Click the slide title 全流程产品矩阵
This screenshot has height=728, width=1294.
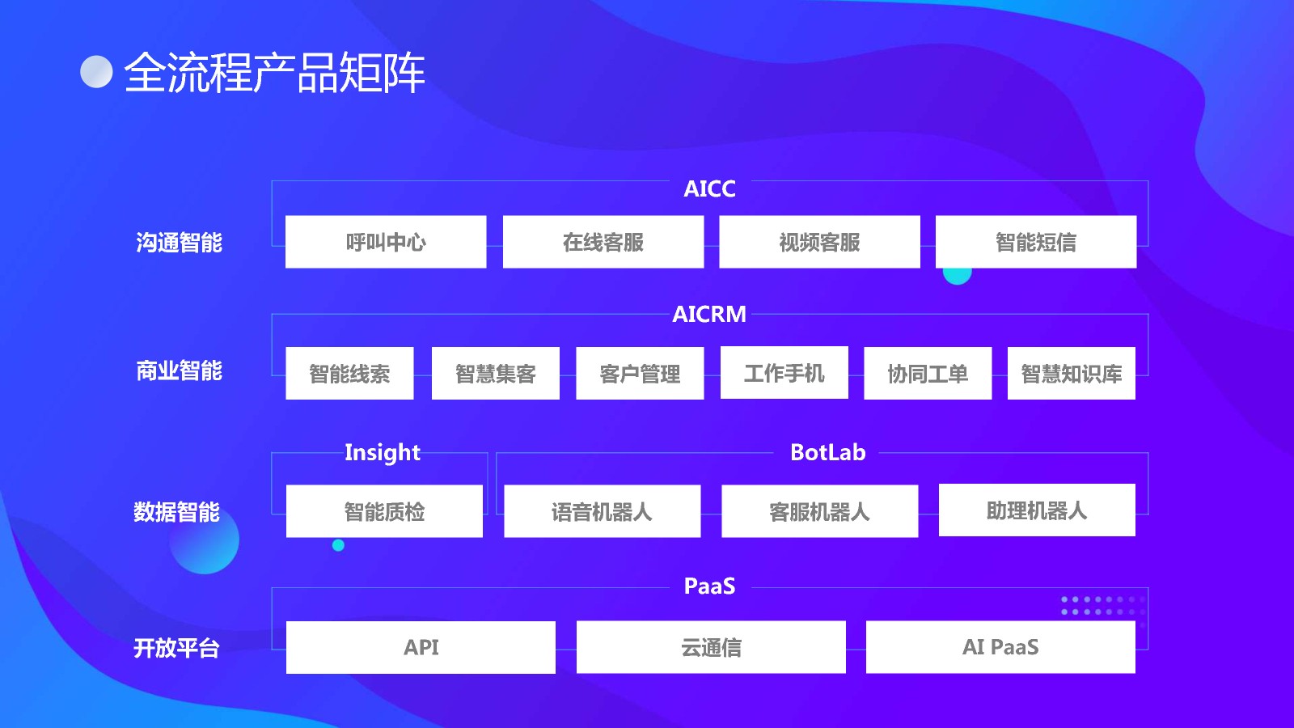click(x=274, y=73)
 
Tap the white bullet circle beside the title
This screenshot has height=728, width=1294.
click(x=96, y=71)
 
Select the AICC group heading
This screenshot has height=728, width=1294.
click(x=709, y=188)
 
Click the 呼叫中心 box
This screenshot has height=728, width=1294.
click(x=386, y=242)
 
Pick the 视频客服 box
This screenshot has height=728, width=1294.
click(x=819, y=242)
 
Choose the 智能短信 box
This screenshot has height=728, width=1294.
click(x=1035, y=242)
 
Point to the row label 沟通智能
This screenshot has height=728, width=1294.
click(x=179, y=243)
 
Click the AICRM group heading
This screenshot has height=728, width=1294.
click(x=709, y=314)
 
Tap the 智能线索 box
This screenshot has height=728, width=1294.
click(x=349, y=374)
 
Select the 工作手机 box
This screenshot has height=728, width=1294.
click(x=784, y=373)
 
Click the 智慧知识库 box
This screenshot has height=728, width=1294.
click(x=1071, y=374)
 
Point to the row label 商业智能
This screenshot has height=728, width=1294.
click(x=179, y=370)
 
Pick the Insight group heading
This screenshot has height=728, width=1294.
click(x=383, y=452)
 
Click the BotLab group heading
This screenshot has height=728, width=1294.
click(x=827, y=452)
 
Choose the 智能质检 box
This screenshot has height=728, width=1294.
click(x=384, y=511)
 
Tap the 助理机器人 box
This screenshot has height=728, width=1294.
click(x=1037, y=510)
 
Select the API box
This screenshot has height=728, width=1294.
click(x=421, y=647)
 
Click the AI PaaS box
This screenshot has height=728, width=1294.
click(x=1000, y=647)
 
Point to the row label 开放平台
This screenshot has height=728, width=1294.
click(x=176, y=648)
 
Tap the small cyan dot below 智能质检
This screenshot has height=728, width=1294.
click(x=338, y=545)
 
